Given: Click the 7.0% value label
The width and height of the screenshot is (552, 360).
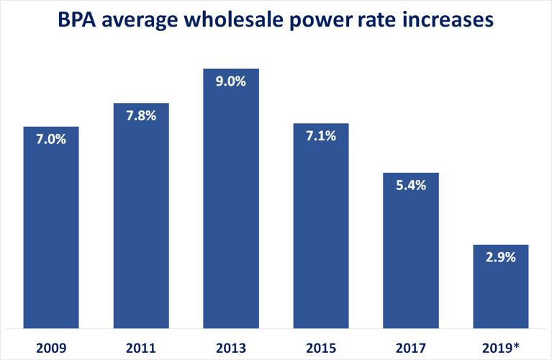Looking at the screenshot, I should pos(50,140).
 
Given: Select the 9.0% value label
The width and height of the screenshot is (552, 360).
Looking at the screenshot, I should pos(231,82).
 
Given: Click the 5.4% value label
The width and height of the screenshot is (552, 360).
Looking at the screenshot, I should pos(411,186).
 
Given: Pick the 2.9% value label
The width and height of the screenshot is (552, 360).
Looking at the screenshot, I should pos(501,258).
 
